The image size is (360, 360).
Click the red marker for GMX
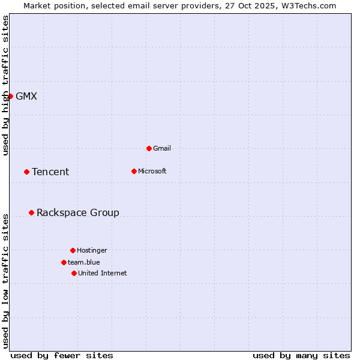pyautogui.click(x=10, y=96)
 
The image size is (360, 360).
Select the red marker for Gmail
pyautogui.click(x=149, y=148)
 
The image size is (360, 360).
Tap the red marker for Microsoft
pyautogui.click(x=134, y=171)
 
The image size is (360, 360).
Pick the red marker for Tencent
pyautogui.click(x=26, y=172)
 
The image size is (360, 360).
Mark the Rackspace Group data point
pyautogui.click(x=31, y=212)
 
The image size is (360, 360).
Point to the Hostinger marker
pyautogui.click(x=73, y=250)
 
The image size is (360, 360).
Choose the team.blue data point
pyautogui.click(x=64, y=262)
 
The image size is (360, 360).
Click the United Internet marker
pyautogui.click(x=74, y=273)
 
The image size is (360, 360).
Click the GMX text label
pyautogui.click(x=26, y=96)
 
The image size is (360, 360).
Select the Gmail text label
pyautogui.click(x=162, y=148)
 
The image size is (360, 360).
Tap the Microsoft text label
pyautogui.click(x=152, y=171)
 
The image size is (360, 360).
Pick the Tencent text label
pyautogui.click(x=50, y=172)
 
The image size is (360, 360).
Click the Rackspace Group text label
pyautogui.click(x=78, y=212)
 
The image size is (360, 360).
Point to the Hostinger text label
pyautogui.click(x=92, y=250)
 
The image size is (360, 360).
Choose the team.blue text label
pyautogui.click(x=84, y=262)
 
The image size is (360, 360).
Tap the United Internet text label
pyautogui.click(x=103, y=273)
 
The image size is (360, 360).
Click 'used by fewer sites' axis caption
pyautogui.click(x=62, y=355)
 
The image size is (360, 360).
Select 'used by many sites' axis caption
pyautogui.click(x=301, y=355)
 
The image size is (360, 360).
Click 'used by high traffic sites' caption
pyautogui.click(x=5, y=85)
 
